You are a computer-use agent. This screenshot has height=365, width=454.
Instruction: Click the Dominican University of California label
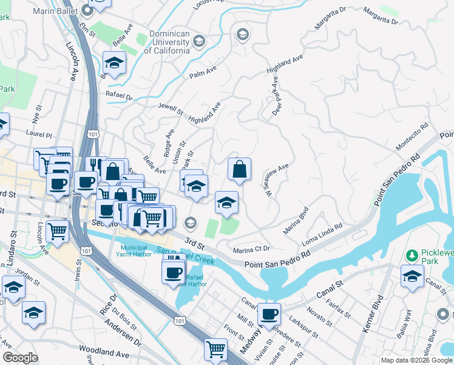tap(167, 42)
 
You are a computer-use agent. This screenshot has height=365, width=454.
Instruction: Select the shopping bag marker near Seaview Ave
tap(240, 170)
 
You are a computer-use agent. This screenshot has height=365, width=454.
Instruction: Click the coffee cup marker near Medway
tap(269, 315)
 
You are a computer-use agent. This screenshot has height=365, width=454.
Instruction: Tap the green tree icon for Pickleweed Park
tap(413, 254)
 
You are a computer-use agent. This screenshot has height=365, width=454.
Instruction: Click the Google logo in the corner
tap(21, 358)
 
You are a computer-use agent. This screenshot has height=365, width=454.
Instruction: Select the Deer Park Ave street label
tap(276, 96)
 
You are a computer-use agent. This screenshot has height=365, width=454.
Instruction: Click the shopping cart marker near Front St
tap(215, 349)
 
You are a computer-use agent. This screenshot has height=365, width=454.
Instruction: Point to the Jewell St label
tap(171, 109)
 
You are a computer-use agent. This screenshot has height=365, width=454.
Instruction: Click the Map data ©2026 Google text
tap(416, 360)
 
